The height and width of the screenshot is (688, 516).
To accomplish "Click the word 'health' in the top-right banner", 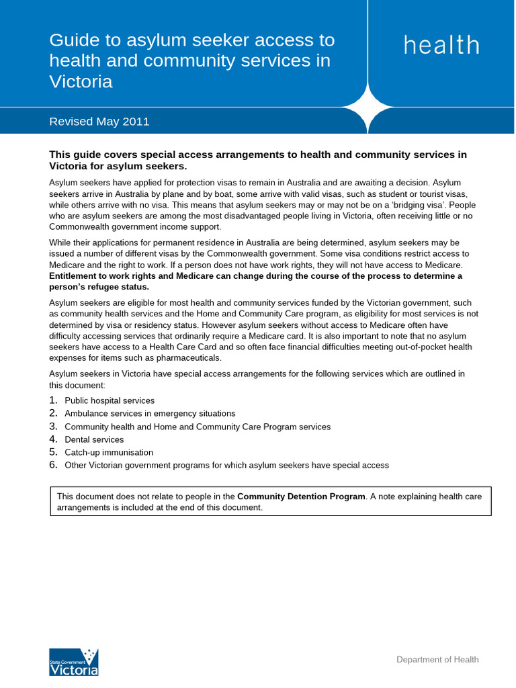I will click(441, 46).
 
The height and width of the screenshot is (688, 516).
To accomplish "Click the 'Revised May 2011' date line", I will click(99, 122).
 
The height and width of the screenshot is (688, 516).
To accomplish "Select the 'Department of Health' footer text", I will click(437, 659).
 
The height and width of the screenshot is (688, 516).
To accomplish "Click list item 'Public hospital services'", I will click(110, 400).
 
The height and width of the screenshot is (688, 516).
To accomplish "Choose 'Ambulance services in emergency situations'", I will click(150, 413).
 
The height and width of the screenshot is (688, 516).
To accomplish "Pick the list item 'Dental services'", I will click(94, 439).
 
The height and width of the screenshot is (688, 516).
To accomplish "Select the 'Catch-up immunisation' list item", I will click(109, 452).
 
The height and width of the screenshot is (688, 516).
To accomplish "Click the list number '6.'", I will click(54, 465).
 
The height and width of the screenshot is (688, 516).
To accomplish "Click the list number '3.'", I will click(54, 427).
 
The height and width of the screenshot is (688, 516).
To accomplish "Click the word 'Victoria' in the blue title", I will click(81, 82).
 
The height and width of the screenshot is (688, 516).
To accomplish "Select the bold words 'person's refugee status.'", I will click(99, 286).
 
